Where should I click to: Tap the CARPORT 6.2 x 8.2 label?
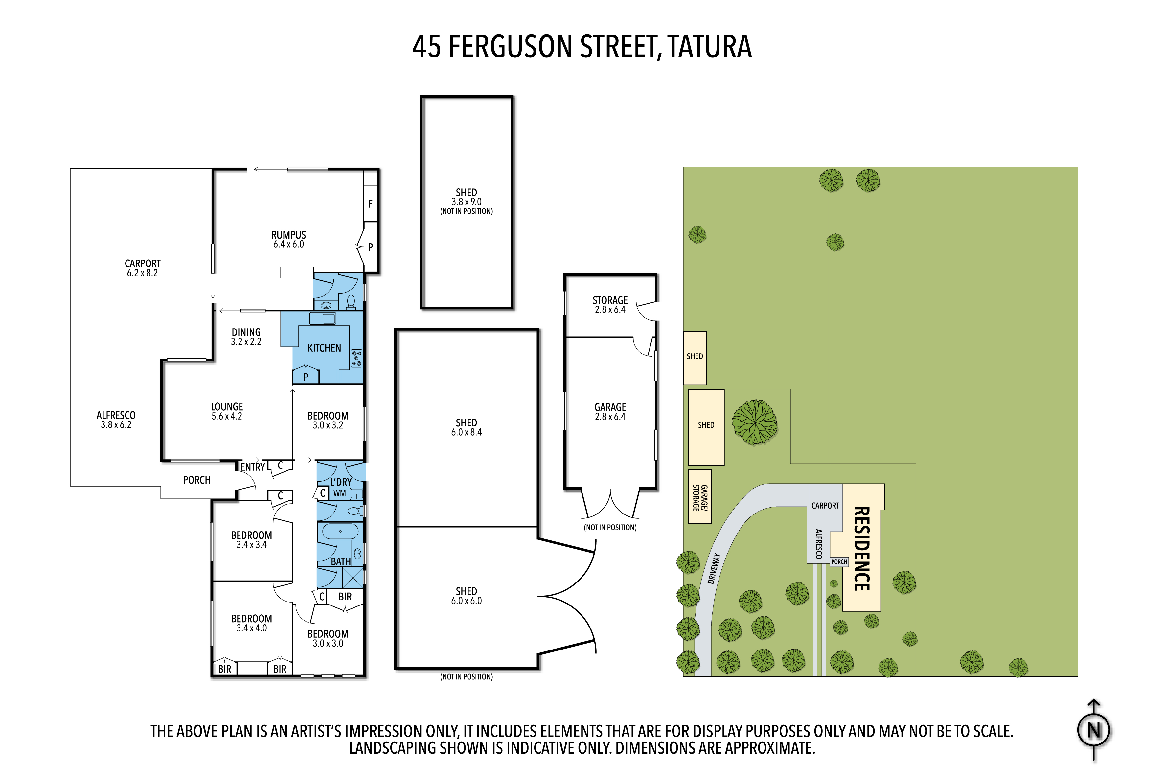point(143,268)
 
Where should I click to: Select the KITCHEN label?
point(324,348)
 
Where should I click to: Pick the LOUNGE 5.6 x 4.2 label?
point(227,411)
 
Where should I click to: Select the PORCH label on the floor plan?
point(197,480)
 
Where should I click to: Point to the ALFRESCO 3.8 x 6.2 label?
point(116,420)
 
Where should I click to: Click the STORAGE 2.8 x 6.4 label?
point(610,305)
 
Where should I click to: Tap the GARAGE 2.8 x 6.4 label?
point(610,412)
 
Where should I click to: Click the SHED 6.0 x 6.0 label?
point(466,596)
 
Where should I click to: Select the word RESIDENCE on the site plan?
point(862,548)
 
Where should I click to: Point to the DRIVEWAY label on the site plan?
point(714,568)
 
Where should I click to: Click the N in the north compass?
point(1094,730)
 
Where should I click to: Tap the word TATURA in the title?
point(709,47)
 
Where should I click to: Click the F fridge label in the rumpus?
point(370,204)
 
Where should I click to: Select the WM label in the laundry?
point(339,493)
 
